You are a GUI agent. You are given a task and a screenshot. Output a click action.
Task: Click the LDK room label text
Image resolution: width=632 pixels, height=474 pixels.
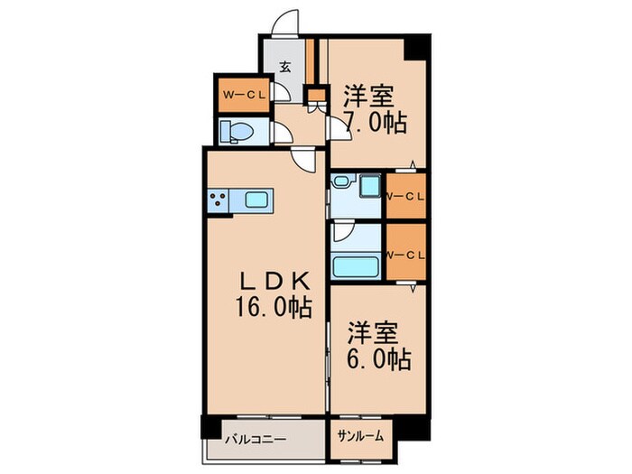tap(275, 281)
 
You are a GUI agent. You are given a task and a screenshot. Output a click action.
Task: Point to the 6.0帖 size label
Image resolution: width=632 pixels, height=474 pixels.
tap(379, 358)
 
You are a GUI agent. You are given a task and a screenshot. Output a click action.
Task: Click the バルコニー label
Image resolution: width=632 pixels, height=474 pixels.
tap(256, 439)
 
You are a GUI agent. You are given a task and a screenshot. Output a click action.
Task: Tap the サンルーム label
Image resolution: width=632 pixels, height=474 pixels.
tap(361, 436)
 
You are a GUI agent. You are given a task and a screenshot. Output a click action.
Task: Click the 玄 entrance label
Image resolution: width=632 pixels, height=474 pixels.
tap(284, 67)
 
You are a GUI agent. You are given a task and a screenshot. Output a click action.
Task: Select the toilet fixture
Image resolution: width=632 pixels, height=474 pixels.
tap(236, 132)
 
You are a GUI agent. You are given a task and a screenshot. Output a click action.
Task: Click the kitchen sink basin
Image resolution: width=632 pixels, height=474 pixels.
tap(256, 200)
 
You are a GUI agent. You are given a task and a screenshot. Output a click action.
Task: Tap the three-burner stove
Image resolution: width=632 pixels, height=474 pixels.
tap(218, 200)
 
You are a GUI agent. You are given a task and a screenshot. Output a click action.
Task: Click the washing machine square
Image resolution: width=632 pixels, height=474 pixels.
tap(370, 186)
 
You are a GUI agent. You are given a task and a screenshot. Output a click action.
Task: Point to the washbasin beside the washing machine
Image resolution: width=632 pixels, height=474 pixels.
tap(342, 181)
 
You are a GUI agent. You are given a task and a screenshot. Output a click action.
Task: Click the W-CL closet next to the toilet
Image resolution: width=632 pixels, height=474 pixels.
tap(244, 95)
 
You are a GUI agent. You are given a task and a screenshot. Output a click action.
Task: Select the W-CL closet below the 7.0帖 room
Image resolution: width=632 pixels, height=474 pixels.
tap(406, 196)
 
